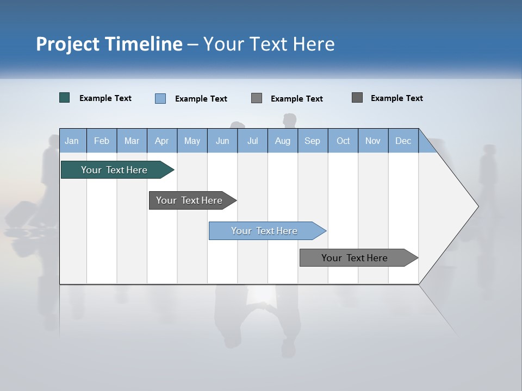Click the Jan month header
pos(72,141)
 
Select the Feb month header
pos(102,141)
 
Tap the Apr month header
pos(161,141)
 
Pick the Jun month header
pos(222,141)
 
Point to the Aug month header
pos(282,141)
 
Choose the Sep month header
pos(312,141)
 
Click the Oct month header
pos(343,141)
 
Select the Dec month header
pos(403,141)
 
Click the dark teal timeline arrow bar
pos(115,170)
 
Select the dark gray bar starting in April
pos(190,200)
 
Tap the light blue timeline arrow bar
pos(265,231)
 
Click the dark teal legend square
pos(65,98)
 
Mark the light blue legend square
pos(160,98)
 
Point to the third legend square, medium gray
pos(257,98)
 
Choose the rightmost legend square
pos(357,98)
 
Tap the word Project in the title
pos(67,44)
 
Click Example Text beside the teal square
pos(105,98)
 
